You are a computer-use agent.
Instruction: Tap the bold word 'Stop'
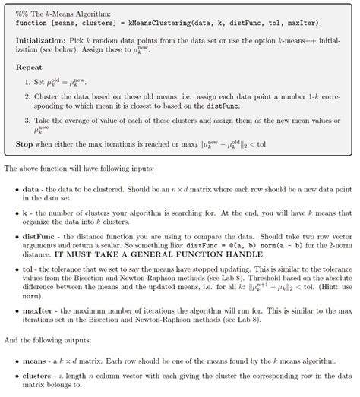point(24,143)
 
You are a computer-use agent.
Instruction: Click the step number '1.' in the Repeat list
point(27,81)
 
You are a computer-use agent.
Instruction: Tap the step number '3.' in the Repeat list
point(27,120)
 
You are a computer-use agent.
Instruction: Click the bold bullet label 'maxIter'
point(38,312)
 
